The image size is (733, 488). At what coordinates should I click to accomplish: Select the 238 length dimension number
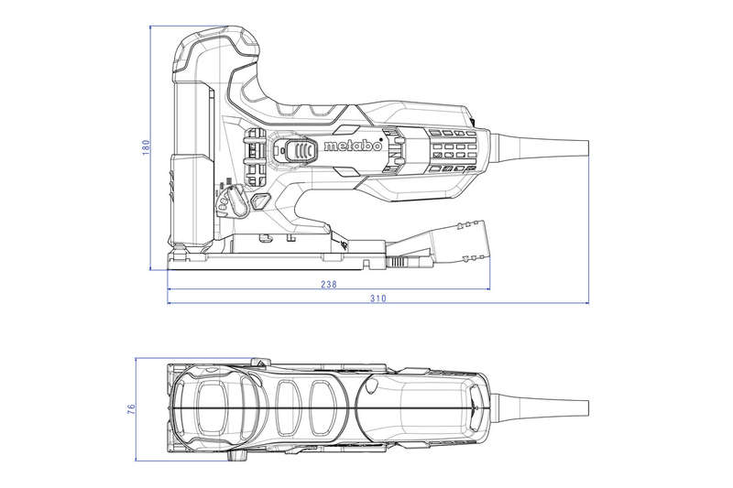point(328,285)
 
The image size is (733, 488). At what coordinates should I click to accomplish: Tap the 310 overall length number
point(377,298)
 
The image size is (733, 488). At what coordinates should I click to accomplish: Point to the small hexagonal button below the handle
point(259,201)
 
